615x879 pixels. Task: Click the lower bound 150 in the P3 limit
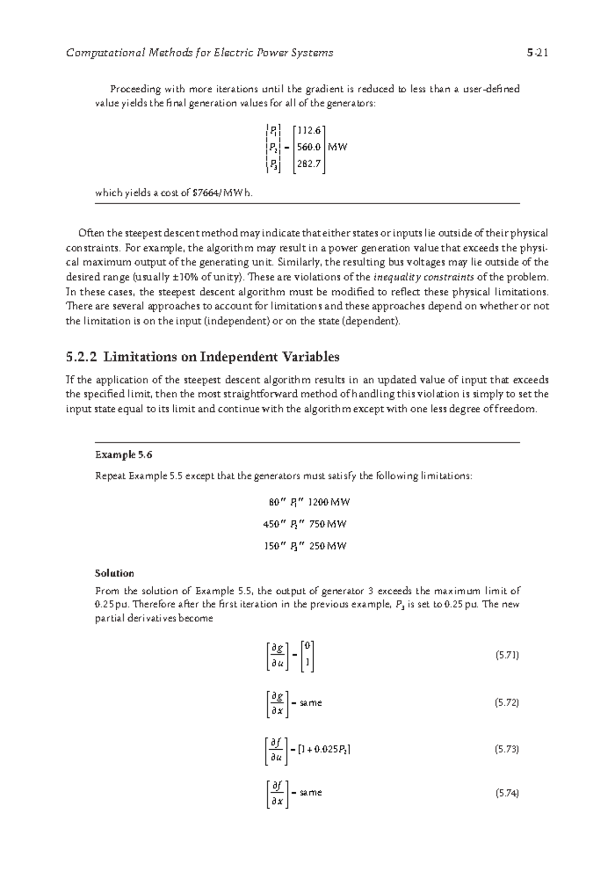(271, 546)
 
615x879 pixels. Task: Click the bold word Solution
(114, 573)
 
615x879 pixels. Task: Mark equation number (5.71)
(507, 655)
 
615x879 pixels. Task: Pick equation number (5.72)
(507, 703)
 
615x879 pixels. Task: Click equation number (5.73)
(507, 749)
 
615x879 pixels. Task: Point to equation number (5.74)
(507, 793)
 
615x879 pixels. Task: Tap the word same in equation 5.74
(311, 793)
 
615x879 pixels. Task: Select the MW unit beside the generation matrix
(338, 148)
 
